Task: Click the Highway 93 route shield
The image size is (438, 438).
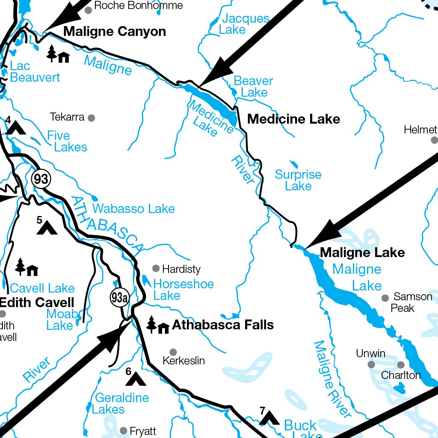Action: [x=41, y=179]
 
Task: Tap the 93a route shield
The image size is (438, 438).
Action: [x=119, y=298]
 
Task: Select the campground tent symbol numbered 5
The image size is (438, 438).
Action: [x=47, y=228]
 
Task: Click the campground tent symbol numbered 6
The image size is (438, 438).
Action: [x=136, y=379]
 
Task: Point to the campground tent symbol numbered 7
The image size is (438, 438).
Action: [x=269, y=418]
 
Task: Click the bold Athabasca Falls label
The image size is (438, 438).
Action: [x=222, y=325]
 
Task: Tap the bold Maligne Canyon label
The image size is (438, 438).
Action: [x=115, y=32]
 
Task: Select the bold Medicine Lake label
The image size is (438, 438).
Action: [x=293, y=119]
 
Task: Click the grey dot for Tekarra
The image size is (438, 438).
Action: [x=91, y=118]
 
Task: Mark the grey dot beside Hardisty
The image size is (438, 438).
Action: [x=156, y=269]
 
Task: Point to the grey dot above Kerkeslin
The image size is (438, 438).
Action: [x=173, y=352]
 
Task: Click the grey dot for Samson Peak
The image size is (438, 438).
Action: [x=385, y=298]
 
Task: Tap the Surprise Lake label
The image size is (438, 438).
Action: [x=298, y=181]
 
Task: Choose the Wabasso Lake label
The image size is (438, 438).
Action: [x=133, y=209]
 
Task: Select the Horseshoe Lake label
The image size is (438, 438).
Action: [x=183, y=290]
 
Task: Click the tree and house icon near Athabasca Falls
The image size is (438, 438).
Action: [x=157, y=326]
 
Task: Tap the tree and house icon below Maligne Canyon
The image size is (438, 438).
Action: [x=58, y=54]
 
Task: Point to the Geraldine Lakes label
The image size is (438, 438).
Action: [x=121, y=403]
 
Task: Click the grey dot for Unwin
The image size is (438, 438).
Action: [x=371, y=364]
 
